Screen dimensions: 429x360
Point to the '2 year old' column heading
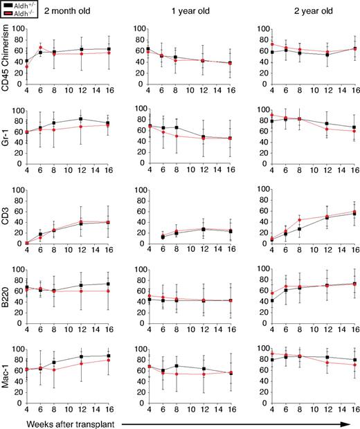click(x=295, y=11)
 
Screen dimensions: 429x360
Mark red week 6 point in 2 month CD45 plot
click(x=40, y=47)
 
